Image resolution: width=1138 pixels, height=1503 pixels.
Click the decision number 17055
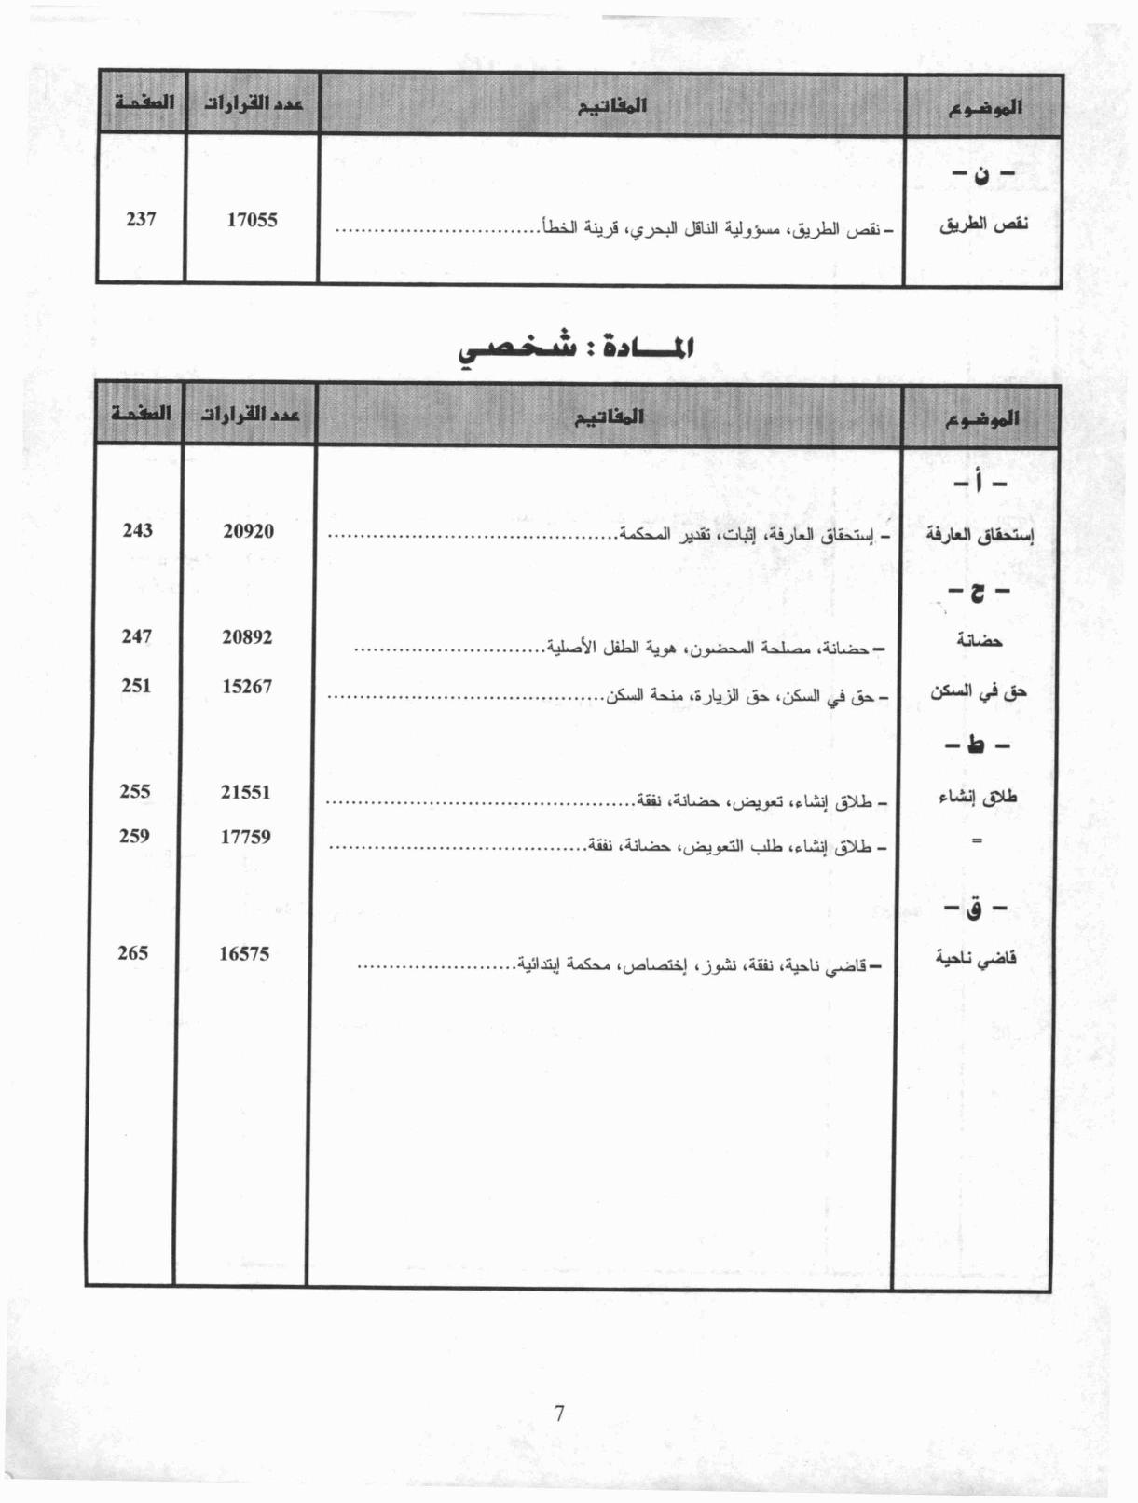point(252,221)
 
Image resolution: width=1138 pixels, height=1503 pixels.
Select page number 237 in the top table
point(141,220)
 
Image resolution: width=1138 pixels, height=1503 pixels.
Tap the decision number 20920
point(248,531)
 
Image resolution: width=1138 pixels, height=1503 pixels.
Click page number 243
point(137,530)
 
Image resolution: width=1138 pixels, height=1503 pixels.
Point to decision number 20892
point(247,637)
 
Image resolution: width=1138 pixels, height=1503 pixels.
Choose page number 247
point(136,636)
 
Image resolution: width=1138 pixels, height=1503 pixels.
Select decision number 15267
point(247,687)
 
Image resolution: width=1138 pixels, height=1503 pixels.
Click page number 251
point(136,686)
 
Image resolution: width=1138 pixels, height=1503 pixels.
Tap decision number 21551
point(245,792)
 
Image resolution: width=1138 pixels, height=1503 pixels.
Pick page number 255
point(135,791)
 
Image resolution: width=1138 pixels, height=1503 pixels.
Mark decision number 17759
point(245,837)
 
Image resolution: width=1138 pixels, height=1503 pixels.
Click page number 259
point(134,836)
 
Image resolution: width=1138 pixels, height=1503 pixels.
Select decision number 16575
point(244,953)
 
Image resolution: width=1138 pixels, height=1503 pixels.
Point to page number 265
point(133,952)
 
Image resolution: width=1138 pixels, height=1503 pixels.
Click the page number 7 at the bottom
point(559,1414)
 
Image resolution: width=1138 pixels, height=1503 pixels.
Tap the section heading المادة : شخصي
point(577,348)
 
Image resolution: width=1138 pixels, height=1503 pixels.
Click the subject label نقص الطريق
point(983,225)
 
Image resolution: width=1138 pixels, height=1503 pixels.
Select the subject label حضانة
point(980,641)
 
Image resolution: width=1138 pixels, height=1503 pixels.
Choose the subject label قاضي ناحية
point(976,959)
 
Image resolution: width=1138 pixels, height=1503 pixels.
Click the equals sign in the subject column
point(977,840)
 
